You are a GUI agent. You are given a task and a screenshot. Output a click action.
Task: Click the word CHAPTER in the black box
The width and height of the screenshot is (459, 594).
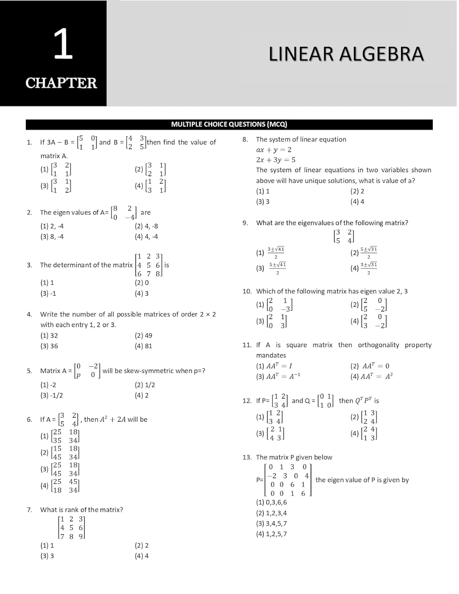[x=61, y=83]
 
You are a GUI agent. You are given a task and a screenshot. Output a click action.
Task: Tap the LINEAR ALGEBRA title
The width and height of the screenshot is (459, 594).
[x=346, y=54]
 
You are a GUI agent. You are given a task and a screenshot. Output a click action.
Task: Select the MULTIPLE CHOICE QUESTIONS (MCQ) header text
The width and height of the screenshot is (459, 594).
[x=229, y=124]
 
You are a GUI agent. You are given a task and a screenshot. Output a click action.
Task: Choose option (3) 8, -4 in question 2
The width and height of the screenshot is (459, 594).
[x=52, y=237]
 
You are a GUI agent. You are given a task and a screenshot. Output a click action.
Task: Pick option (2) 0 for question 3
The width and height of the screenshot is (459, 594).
[x=142, y=283]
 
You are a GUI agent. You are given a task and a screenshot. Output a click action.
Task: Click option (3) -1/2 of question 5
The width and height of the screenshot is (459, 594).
[x=51, y=396]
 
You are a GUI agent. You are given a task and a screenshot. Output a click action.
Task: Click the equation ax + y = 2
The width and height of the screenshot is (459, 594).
[x=274, y=150]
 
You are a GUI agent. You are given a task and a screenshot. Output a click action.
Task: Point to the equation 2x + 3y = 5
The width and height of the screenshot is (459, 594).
[x=276, y=160]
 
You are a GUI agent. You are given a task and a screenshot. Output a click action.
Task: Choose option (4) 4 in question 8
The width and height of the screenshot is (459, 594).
[x=357, y=202]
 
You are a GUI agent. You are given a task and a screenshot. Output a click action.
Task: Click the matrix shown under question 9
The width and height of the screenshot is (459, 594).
[x=344, y=236]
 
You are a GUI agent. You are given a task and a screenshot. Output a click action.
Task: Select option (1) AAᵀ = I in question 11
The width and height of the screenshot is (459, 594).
[x=274, y=366]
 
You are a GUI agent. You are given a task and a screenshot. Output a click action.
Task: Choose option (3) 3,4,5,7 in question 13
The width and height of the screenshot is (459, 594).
[x=271, y=524]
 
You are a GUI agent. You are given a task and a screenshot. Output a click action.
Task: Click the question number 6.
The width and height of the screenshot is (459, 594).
[x=29, y=420]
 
